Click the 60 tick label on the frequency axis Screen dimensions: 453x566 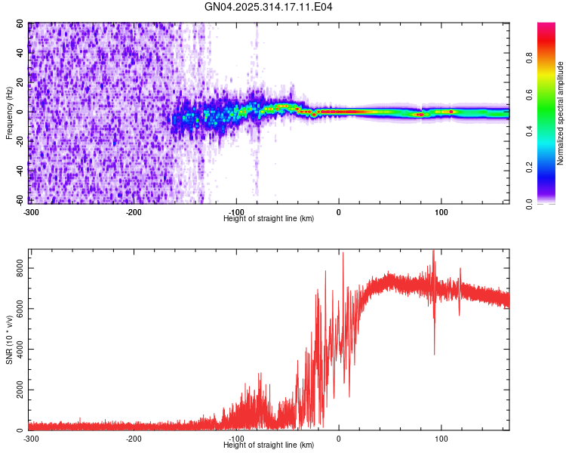point(21,24)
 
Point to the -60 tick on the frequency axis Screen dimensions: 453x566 point(20,201)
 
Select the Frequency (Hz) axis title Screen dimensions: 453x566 point(9,112)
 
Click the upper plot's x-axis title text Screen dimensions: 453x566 point(269,218)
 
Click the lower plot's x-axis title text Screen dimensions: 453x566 point(269,445)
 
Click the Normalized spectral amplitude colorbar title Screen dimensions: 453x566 point(561,113)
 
